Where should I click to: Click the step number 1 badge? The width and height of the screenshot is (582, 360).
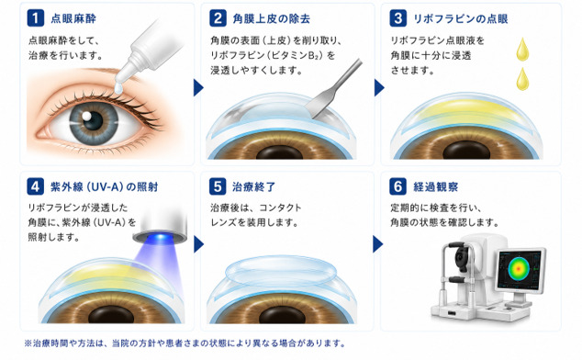(36, 17)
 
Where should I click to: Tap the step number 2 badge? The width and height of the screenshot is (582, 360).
(218, 17)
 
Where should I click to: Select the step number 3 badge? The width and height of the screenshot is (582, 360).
(397, 17)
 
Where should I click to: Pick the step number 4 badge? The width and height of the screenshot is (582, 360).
(36, 186)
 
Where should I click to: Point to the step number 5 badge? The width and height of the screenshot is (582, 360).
(218, 186)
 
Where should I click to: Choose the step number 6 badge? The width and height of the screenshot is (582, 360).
(397, 186)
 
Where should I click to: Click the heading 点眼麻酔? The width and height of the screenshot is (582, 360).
(73, 18)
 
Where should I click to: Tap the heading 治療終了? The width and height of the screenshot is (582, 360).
(254, 186)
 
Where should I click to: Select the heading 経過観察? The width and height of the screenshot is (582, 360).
(436, 186)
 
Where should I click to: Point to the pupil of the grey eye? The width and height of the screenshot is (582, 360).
(93, 120)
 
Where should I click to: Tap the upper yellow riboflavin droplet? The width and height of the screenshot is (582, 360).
(522, 49)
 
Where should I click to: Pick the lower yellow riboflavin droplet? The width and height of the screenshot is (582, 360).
(522, 79)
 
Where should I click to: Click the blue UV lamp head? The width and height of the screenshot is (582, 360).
(161, 227)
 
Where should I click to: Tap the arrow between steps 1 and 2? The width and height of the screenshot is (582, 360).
(198, 87)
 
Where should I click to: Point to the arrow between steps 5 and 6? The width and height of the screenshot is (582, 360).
(377, 244)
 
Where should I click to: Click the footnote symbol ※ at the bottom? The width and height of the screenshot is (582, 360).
(28, 343)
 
